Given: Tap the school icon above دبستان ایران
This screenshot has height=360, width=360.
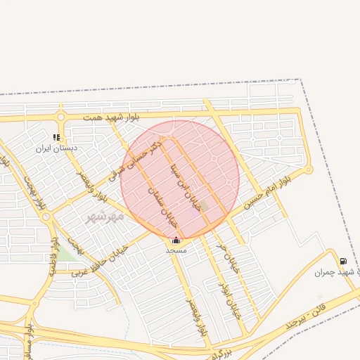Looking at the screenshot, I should [56, 137].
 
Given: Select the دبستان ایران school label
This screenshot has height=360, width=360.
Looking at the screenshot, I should [56, 148].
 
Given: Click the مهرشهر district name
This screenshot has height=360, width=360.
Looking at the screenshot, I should [105, 216].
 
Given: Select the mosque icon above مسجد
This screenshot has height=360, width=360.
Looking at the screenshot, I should [175, 240].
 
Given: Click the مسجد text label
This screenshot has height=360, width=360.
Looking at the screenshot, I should [176, 250].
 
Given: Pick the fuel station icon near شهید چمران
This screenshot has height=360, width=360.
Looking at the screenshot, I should [342, 261].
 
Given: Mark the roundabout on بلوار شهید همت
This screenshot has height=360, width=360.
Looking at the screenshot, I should [62, 117].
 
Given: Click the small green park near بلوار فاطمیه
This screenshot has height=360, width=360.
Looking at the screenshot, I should [65, 253].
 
